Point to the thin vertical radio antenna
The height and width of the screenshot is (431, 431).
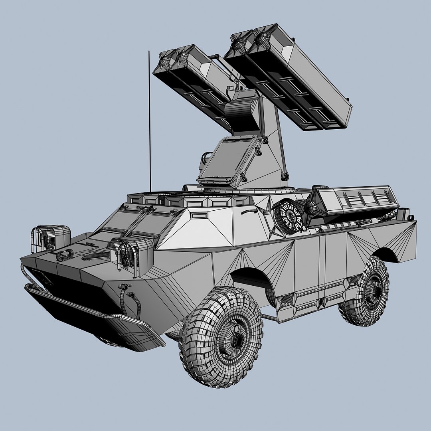coord(149,120)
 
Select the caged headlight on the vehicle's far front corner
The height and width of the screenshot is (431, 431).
coord(50,238)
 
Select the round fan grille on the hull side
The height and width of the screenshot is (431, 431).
coord(288,216)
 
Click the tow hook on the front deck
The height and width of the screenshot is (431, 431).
coord(65,254)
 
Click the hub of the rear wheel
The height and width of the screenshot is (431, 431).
coord(374,291)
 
